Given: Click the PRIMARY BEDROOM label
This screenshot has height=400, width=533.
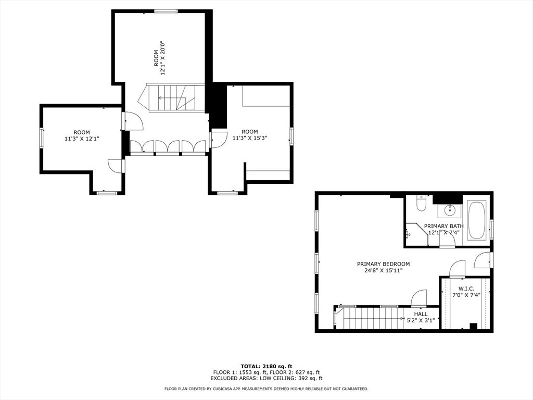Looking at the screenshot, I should [x=383, y=264].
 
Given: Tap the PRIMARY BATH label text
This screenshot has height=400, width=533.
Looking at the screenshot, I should [x=443, y=226].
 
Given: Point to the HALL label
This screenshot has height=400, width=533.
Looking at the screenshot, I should [x=421, y=314].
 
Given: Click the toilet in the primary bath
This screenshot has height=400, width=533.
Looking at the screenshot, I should [x=421, y=204].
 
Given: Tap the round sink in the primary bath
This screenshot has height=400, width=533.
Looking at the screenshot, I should [x=449, y=211].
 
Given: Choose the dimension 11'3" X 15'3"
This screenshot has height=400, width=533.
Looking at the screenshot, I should [x=250, y=138].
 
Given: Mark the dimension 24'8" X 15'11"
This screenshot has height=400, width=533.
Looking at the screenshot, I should [x=383, y=270].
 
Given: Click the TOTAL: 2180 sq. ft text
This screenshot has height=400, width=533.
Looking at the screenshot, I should [x=266, y=366].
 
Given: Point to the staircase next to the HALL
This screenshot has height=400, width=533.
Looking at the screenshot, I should [x=370, y=318].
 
